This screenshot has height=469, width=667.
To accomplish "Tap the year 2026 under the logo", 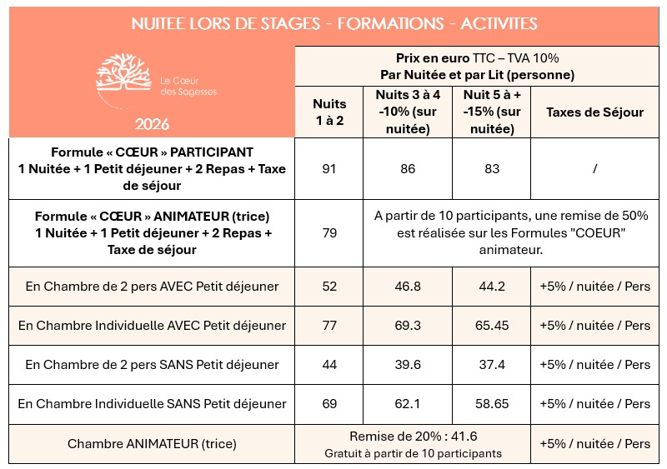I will pyautogui.click(x=151, y=125).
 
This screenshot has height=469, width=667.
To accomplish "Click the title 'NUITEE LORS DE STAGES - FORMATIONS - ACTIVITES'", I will pyautogui.click(x=334, y=23).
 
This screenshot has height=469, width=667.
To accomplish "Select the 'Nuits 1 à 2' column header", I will pyautogui.click(x=329, y=112).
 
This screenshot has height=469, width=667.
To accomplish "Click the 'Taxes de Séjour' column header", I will pyautogui.click(x=594, y=112).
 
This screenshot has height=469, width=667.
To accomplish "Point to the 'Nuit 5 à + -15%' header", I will pyautogui.click(x=492, y=112).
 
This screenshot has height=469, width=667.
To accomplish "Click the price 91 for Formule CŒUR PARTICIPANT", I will pyautogui.click(x=329, y=169).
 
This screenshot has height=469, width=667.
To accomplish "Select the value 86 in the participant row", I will pyautogui.click(x=408, y=169).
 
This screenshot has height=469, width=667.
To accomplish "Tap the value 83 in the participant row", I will pyautogui.click(x=492, y=169).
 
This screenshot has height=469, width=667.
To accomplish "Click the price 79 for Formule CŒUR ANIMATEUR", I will pyautogui.click(x=329, y=233).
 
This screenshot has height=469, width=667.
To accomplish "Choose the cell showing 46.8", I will pyautogui.click(x=408, y=287).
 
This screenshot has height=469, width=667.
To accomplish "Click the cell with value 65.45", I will pyautogui.click(x=492, y=326).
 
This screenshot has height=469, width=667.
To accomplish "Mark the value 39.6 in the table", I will pyautogui.click(x=408, y=365).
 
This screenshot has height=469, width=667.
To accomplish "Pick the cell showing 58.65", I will pyautogui.click(x=492, y=404).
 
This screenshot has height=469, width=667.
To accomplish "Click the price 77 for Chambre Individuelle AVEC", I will pyautogui.click(x=329, y=326).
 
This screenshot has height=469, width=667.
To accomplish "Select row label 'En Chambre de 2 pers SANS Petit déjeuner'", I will pyautogui.click(x=152, y=365).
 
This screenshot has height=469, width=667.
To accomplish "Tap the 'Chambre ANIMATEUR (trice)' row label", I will pyautogui.click(x=152, y=444).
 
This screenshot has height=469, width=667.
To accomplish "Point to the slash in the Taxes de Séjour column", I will pyautogui.click(x=594, y=169).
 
